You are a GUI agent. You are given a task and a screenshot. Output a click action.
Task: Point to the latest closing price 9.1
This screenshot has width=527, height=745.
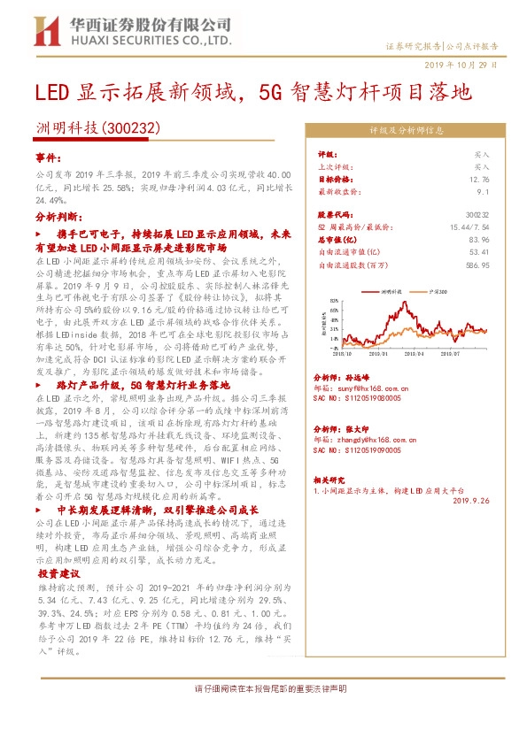(x=483, y=190)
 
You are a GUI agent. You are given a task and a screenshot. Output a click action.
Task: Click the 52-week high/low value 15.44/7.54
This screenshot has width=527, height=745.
(x=465, y=227)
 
